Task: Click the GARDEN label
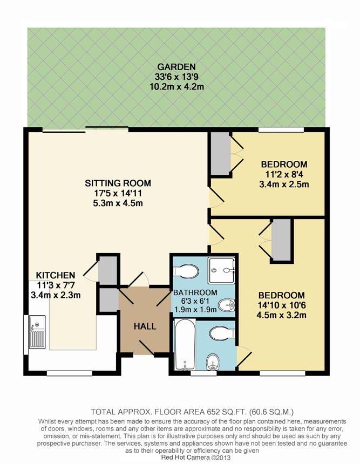[176, 67]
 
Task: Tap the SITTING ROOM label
[118, 183]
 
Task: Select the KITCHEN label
[56, 275]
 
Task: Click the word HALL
[145, 326]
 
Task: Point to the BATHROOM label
[195, 292]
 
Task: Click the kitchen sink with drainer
[37, 332]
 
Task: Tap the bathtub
[185, 344]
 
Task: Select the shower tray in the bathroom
[221, 270]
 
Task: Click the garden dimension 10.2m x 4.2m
[176, 87]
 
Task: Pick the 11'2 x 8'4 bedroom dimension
[284, 174]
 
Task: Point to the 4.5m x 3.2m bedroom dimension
[282, 315]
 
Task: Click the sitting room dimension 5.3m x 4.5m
[118, 203]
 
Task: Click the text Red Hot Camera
[181, 457]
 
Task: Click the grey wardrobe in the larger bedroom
[281, 240]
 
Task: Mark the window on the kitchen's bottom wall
[70, 373]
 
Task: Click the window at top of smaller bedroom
[281, 129]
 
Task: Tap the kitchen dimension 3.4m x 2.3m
[56, 295]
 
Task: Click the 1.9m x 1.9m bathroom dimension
[195, 310]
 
